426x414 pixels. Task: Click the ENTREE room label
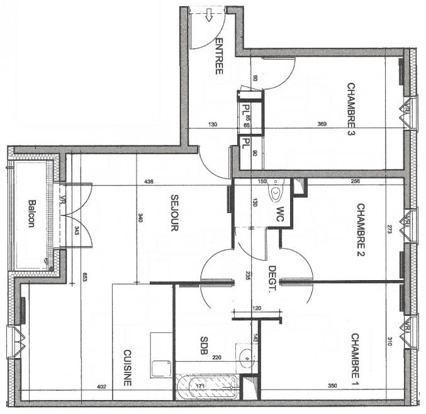pyautogui.click(x=219, y=57)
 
